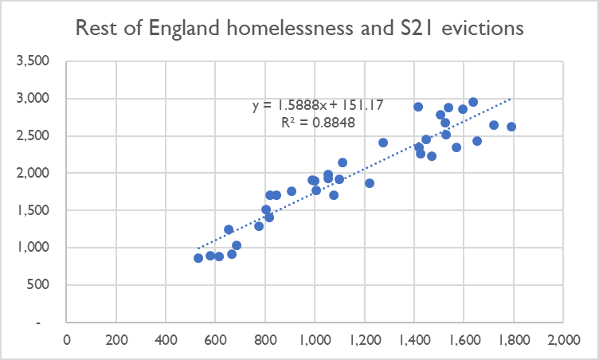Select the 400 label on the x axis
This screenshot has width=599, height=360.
[166, 339]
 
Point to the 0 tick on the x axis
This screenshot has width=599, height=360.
[67, 339]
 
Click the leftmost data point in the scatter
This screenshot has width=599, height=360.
[198, 258]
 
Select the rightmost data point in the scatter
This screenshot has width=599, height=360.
[511, 127]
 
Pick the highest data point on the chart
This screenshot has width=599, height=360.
[473, 102]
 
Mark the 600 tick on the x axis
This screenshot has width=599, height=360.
[215, 339]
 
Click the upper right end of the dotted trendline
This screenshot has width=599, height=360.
[511, 99]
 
